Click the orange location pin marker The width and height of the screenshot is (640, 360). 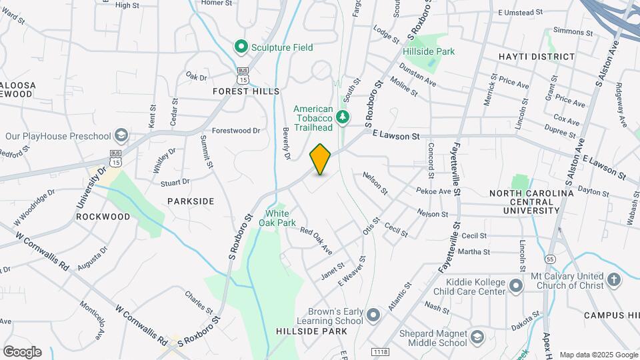(x=320, y=159)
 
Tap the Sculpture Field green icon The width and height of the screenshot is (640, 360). (x=241, y=47)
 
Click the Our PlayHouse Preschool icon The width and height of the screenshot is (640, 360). (x=121, y=136)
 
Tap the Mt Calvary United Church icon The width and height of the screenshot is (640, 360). (x=614, y=279)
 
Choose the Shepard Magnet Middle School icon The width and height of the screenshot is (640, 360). (x=477, y=337)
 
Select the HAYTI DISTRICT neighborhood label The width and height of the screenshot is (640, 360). (x=536, y=57)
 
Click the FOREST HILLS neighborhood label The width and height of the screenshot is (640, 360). (x=246, y=91)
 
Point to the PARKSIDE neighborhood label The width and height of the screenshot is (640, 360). (x=191, y=201)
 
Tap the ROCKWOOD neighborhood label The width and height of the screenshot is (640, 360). (x=103, y=217)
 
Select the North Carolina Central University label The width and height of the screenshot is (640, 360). (x=531, y=201)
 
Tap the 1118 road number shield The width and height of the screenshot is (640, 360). (x=381, y=351)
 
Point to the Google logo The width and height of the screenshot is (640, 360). (x=22, y=352)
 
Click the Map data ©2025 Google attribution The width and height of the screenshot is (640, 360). (x=598, y=355)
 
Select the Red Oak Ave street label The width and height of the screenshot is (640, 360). (x=316, y=241)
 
